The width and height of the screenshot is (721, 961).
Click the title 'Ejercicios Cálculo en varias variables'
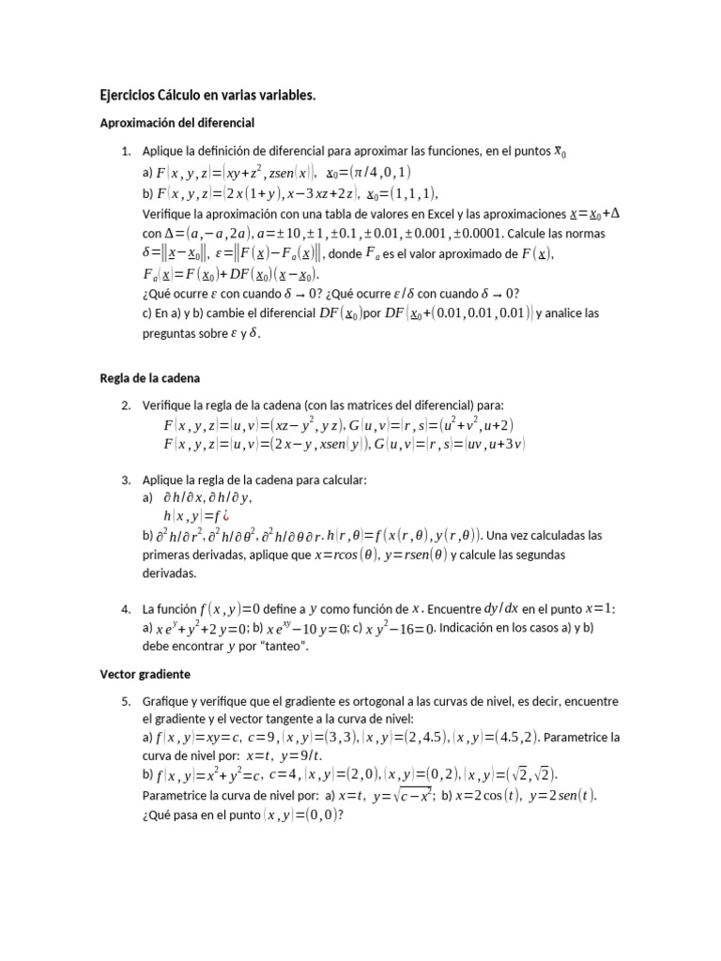coord(207,95)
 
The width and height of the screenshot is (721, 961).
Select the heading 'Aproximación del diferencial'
coord(177,123)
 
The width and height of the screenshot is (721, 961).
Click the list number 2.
coord(125,404)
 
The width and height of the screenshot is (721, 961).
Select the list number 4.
coord(125,609)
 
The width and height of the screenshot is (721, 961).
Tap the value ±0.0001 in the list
coord(576,233)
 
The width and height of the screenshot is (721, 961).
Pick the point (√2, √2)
coord(531,775)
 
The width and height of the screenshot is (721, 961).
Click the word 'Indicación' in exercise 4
coord(471,628)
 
